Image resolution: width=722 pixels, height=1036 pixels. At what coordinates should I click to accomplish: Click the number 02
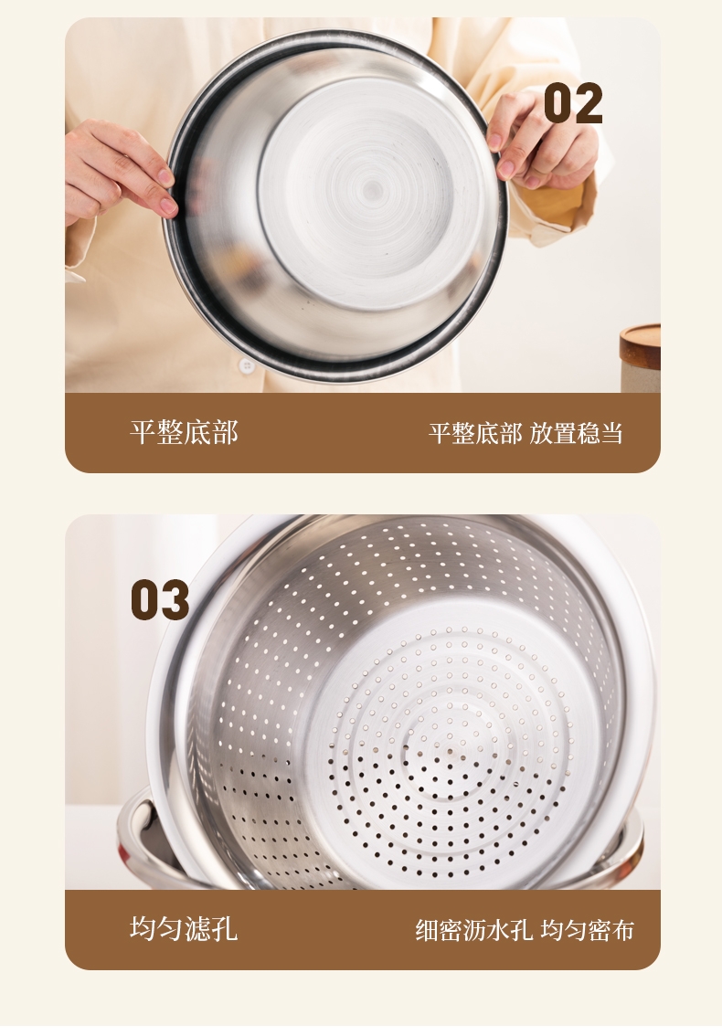[573, 103]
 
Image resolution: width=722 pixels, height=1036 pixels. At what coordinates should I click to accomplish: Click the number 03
[160, 599]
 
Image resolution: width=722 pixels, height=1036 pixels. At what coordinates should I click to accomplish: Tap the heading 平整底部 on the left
[184, 433]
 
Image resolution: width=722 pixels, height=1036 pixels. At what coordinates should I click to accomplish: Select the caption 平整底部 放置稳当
[526, 433]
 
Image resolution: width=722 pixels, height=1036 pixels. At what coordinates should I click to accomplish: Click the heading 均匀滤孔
[184, 928]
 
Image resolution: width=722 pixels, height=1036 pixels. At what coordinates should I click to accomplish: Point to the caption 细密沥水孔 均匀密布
[525, 930]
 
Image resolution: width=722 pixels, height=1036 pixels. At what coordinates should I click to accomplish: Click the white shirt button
[247, 365]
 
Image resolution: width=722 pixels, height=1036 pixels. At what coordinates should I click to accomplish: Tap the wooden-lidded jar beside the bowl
[640, 357]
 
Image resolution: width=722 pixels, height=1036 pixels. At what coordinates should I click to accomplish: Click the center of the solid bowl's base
[372, 190]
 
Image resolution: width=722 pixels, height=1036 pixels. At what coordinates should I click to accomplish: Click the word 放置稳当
[576, 433]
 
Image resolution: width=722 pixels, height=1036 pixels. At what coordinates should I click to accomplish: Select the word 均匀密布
[587, 930]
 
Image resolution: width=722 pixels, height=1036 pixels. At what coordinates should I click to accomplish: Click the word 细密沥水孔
[474, 930]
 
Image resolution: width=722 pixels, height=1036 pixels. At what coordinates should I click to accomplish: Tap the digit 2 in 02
[589, 103]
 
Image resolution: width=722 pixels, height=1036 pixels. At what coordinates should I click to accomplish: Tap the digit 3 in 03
[175, 599]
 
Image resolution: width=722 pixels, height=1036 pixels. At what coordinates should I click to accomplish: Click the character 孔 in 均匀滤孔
[225, 928]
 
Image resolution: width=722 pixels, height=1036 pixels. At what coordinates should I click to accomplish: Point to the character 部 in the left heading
[225, 433]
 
